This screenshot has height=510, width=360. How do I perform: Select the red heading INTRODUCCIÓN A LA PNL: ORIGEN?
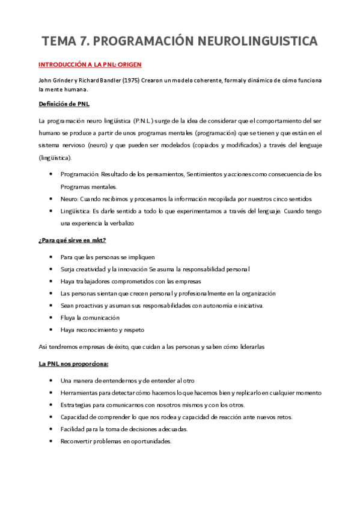[90, 64]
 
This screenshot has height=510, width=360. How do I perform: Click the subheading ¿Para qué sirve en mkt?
[72, 241]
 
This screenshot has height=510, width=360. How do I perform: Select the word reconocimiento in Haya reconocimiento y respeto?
[99, 330]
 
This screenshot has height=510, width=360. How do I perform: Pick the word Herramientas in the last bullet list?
[79, 393]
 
